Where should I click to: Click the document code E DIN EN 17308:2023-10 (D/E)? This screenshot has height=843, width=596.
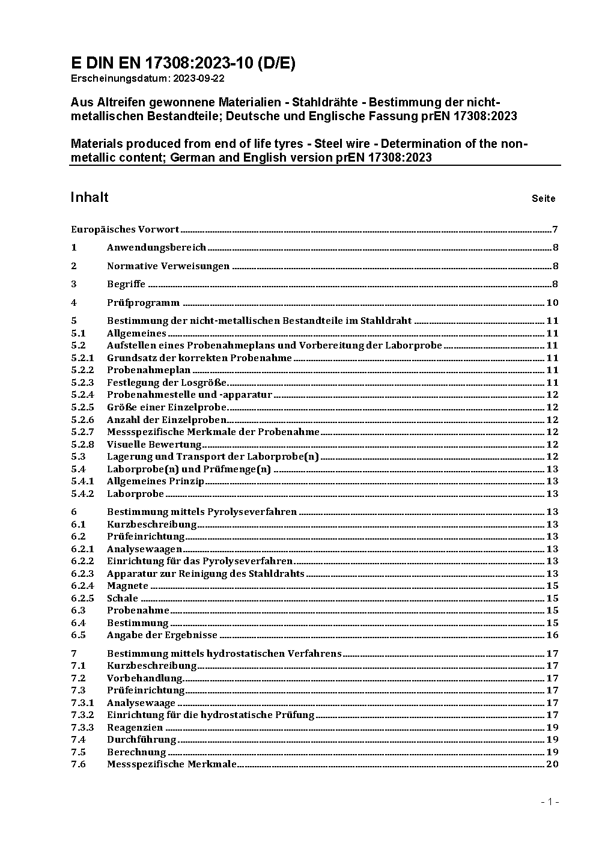183,64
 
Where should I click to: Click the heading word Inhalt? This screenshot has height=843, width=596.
90,198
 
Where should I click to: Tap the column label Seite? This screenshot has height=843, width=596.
543,198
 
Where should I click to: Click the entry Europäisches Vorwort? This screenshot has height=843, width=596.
125,229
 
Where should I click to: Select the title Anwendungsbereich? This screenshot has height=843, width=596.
156,248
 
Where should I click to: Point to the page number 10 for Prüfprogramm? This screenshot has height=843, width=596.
552,303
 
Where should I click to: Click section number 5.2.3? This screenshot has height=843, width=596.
82,383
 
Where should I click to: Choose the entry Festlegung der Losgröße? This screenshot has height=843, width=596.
166,383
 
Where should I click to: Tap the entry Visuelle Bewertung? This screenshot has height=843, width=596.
154,445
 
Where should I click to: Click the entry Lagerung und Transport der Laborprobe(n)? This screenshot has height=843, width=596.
213,457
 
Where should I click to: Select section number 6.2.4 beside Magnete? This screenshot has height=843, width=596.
82,586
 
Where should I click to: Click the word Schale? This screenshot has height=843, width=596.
123,598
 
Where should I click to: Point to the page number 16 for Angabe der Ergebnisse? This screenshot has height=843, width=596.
552,635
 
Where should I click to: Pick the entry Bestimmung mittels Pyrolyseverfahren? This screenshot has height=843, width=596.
202,512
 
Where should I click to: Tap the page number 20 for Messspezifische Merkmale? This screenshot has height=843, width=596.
552,764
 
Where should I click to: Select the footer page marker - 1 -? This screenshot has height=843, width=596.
550,802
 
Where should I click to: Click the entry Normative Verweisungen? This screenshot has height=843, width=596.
168,266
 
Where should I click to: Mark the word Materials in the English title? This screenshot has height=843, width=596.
98,144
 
